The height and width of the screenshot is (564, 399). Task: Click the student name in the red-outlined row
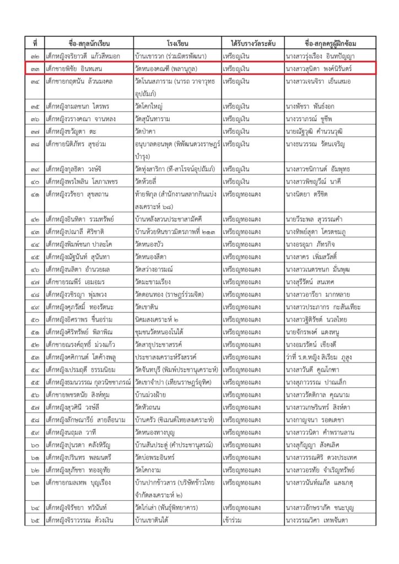(76, 68)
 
